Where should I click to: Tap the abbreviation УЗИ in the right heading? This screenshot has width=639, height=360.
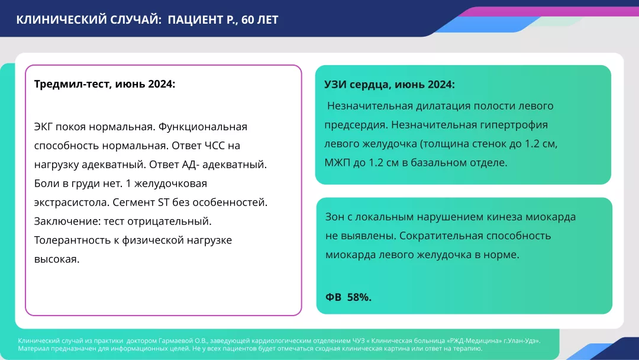click(x=335, y=85)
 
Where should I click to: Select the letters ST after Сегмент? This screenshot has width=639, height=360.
click(x=164, y=202)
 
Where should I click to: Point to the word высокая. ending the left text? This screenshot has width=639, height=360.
click(x=57, y=259)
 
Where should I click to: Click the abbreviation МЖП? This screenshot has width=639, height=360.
click(x=338, y=163)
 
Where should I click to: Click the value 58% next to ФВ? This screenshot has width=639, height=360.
click(x=359, y=297)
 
